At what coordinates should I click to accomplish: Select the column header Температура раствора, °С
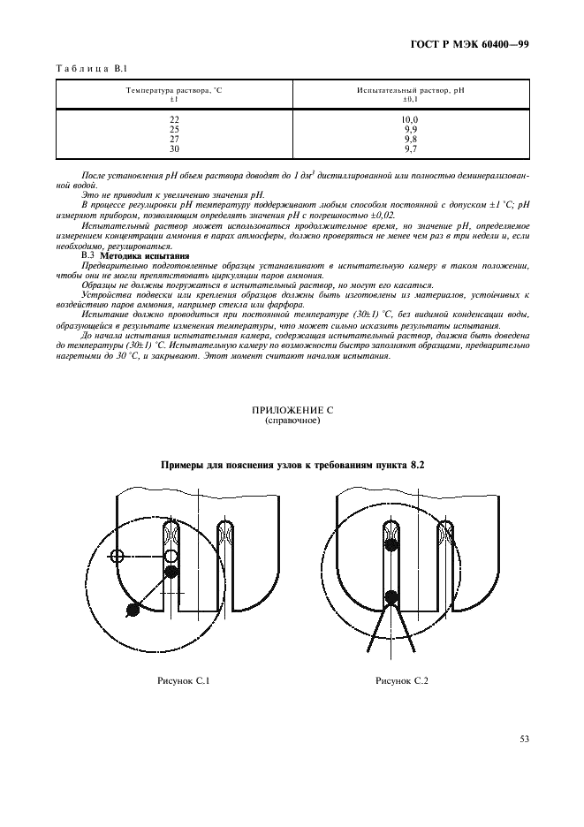(174, 92)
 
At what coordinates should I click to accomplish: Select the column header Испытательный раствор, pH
(410, 92)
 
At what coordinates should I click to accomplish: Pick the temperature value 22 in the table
(174, 119)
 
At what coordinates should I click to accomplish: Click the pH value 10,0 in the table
(410, 119)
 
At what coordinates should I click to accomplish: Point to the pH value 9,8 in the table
(410, 140)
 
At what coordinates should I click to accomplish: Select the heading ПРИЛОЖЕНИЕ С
(292, 411)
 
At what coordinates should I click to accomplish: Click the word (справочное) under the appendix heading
(292, 421)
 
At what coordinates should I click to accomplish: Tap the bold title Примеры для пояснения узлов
(292, 465)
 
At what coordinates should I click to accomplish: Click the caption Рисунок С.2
(401, 680)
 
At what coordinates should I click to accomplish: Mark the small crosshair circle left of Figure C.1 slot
(117, 556)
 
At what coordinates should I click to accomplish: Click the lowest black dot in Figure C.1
(133, 609)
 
